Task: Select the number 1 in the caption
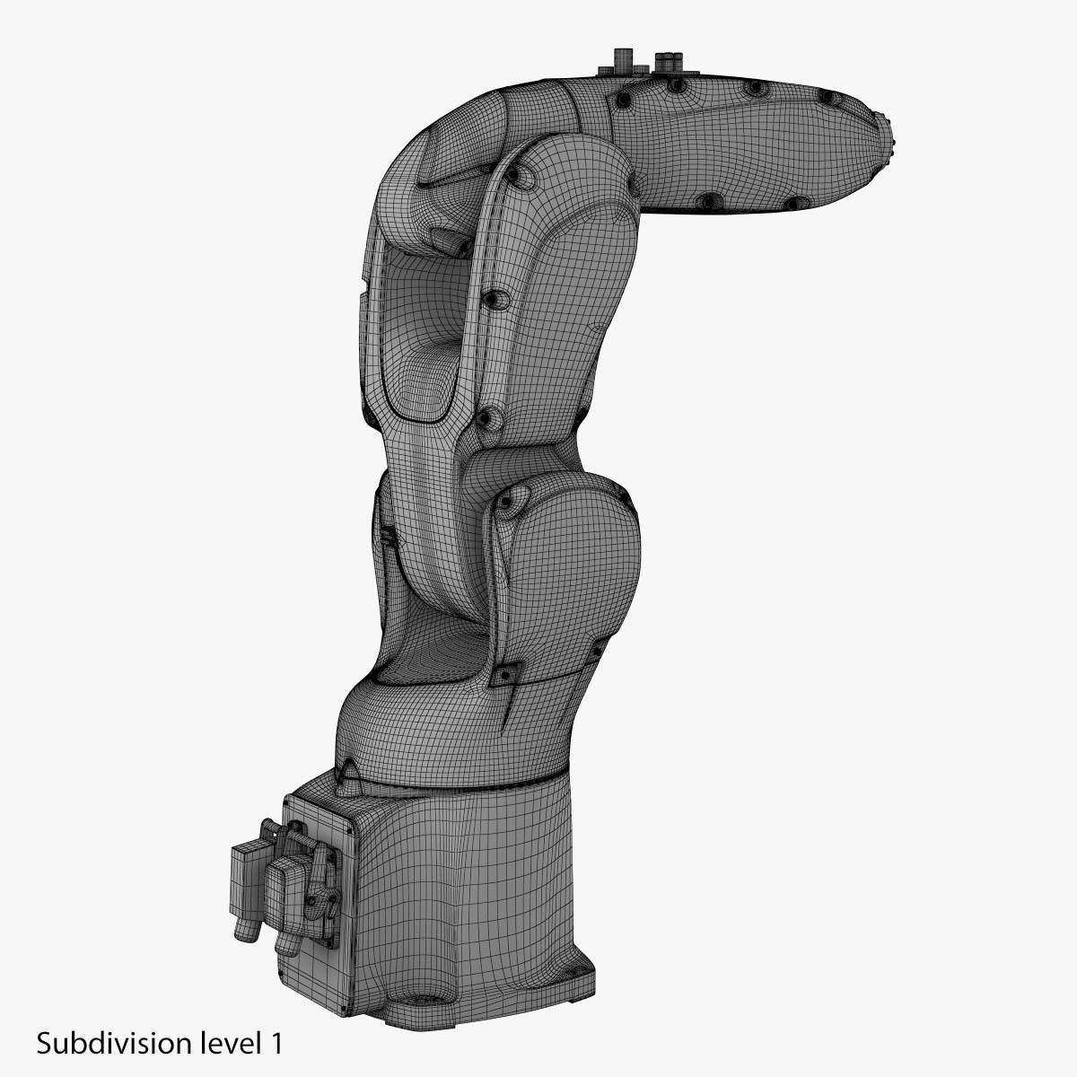[x=276, y=1044]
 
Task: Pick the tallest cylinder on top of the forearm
[x=620, y=61]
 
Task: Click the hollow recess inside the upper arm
[x=417, y=341]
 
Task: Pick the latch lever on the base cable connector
[x=316, y=875]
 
